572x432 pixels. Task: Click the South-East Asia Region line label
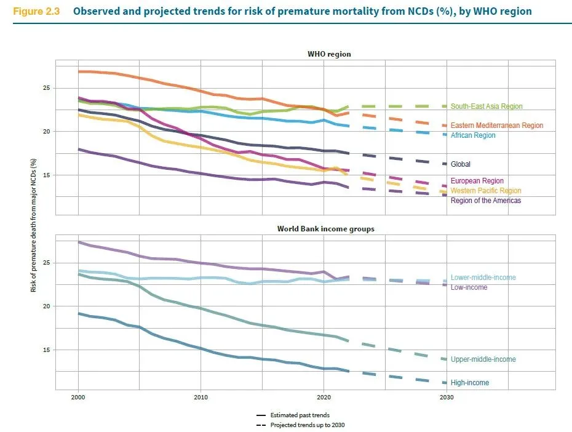(x=486, y=106)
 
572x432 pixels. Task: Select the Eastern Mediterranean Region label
(x=496, y=126)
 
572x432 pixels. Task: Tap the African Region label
(x=472, y=135)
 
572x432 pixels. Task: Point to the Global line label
(x=461, y=164)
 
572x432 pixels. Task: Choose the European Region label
(x=477, y=181)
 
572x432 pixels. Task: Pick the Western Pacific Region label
(x=485, y=191)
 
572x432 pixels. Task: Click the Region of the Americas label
(x=486, y=201)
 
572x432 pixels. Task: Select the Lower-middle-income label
(x=483, y=278)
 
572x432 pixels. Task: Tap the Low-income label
(x=469, y=287)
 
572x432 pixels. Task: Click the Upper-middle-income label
(x=483, y=359)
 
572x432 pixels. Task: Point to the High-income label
(x=470, y=383)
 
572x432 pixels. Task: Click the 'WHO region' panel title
(x=329, y=54)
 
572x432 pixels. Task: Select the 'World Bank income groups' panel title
(x=326, y=229)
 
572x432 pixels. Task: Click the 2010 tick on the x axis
(x=200, y=398)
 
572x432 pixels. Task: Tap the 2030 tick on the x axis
(x=447, y=398)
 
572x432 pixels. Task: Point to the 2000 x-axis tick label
(x=77, y=398)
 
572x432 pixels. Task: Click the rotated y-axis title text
(x=34, y=224)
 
